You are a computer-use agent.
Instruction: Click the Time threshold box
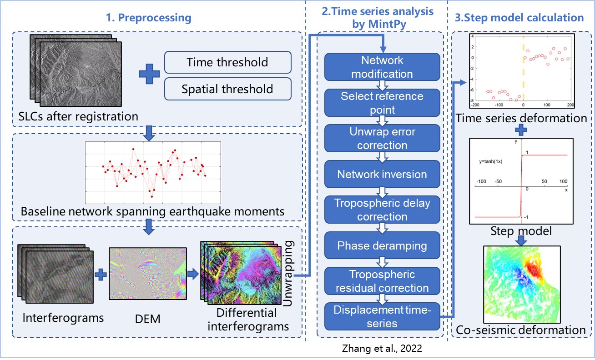(227, 62)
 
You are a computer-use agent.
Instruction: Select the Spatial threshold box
(227, 89)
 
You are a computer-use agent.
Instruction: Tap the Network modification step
(382, 67)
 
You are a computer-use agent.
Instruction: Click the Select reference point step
(382, 103)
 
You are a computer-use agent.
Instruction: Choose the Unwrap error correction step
(382, 138)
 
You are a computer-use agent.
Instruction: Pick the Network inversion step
(382, 174)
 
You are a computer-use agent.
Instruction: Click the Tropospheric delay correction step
(382, 210)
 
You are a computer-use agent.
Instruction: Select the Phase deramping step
(382, 245)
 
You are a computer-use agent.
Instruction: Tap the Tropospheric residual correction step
(382, 281)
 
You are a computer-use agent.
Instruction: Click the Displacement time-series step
(382, 316)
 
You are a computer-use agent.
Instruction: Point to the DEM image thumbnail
(148, 274)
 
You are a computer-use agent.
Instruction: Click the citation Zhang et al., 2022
(382, 349)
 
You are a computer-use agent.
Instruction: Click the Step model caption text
(521, 231)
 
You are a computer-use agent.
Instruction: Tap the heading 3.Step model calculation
(519, 18)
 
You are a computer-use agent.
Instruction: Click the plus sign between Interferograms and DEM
(101, 274)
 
